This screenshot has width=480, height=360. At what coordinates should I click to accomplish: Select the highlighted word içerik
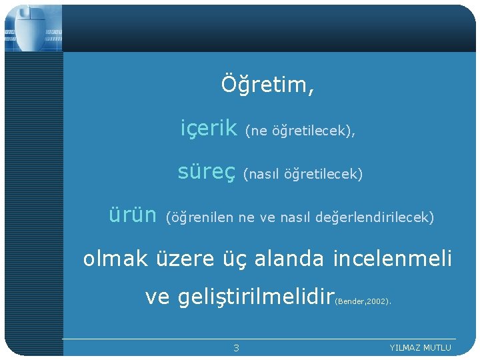coord(209,128)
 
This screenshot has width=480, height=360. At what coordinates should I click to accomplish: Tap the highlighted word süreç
coord(207,172)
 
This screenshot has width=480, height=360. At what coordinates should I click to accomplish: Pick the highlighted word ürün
coord(133,215)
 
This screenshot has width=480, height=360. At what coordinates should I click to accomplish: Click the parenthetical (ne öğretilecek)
coord(299,131)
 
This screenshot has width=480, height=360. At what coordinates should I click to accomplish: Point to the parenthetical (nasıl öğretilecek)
coord(303,175)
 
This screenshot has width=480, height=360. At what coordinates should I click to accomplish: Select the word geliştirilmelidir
coord(255,297)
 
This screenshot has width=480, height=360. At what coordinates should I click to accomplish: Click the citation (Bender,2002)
coord(363,301)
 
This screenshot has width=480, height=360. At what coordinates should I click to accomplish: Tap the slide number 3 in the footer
coord(236,348)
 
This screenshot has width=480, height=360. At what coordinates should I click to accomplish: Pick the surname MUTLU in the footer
coord(438,348)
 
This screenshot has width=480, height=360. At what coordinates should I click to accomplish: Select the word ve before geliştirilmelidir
coord(157,298)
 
